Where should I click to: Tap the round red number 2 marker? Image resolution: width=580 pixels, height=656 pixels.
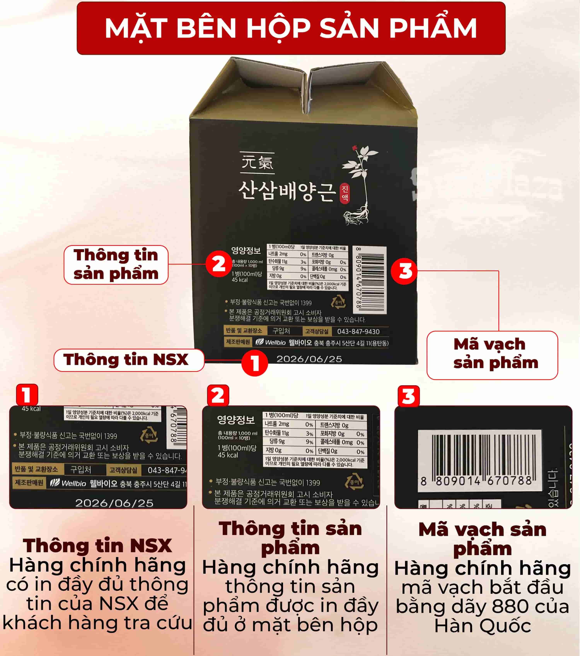[219, 264]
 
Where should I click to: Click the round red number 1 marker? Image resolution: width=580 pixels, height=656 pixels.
[255, 363]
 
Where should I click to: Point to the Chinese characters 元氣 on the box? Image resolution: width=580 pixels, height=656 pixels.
[257, 162]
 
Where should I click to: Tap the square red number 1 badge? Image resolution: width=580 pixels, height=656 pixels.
[27, 394]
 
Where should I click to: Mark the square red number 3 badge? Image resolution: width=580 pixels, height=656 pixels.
[409, 396]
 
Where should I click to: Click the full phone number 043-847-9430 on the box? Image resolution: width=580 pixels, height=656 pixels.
[358, 331]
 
